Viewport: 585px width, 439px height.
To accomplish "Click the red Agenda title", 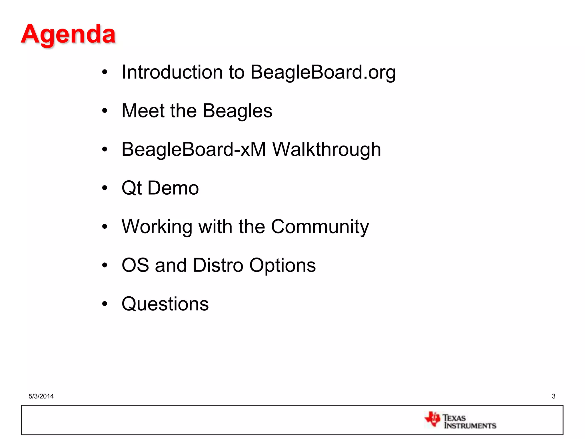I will pos(68,34).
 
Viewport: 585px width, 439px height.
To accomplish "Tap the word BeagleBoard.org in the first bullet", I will pos(323,72).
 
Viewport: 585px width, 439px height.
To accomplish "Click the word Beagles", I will pos(237,111).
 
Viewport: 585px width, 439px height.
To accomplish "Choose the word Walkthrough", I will pos(326,149).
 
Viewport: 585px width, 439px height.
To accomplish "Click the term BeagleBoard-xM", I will pos(194,149).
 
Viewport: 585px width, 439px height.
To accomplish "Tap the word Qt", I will pos(131,188).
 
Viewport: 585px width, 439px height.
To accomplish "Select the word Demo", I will pos(173,188).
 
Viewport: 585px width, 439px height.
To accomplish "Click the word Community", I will pos(320,227).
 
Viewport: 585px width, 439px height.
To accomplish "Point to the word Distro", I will pos(218,265).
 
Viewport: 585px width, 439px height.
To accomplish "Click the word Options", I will pos(283,266).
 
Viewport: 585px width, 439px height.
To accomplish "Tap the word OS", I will pos(135,265).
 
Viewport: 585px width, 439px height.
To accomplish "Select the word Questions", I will pos(165,304).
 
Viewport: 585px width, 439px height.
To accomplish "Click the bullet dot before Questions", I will pos(105,304).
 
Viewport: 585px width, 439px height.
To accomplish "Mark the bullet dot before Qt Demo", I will pos(105,188).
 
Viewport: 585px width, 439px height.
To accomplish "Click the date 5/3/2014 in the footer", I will pos(41,396).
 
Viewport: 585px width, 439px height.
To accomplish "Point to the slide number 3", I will pos(554,396).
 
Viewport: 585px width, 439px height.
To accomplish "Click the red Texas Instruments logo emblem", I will pos(432,419).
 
